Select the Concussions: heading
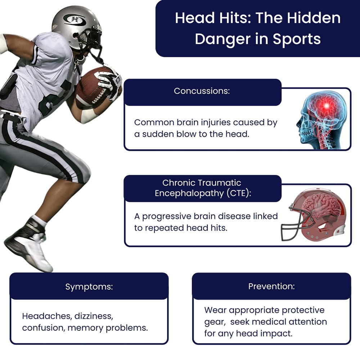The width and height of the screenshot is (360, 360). (x=202, y=91)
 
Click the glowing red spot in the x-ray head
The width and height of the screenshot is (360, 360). (x=327, y=105)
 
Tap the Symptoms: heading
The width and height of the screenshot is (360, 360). (x=89, y=287)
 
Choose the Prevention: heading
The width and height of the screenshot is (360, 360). (x=271, y=287)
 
